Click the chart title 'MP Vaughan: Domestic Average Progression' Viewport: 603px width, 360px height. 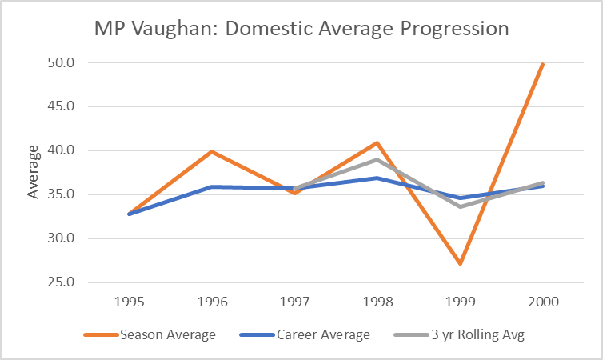point(301,29)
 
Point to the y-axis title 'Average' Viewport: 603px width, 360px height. point(33,172)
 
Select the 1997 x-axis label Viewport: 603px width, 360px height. point(294,302)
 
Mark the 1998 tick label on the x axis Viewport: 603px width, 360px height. point(376,302)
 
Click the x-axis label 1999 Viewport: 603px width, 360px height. point(459,302)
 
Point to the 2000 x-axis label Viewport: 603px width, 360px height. point(541,302)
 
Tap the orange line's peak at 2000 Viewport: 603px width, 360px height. point(541,64)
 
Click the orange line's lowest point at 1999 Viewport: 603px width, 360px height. point(459,263)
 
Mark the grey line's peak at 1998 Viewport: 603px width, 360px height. point(376,160)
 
